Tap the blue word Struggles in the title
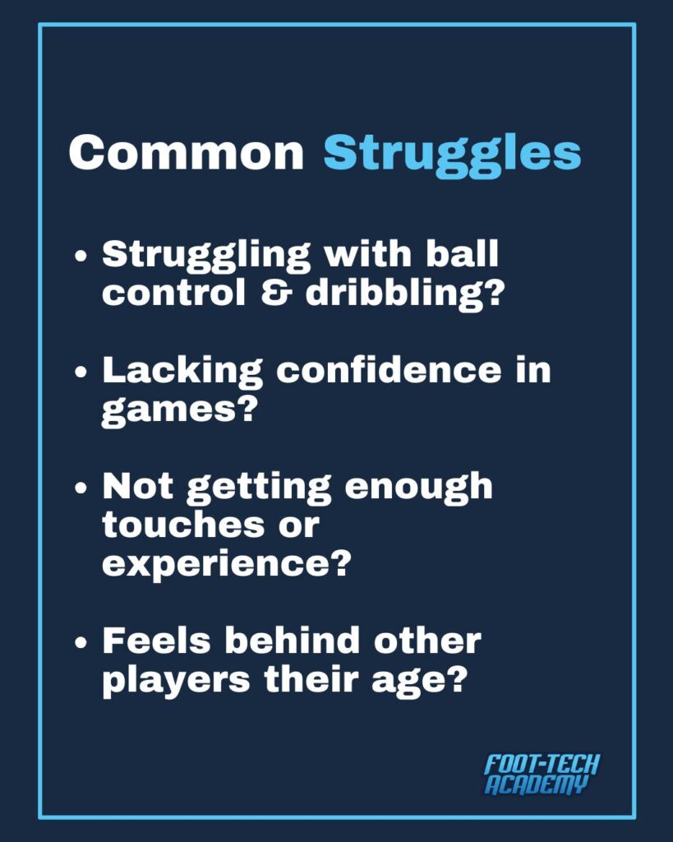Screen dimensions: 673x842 (453, 155)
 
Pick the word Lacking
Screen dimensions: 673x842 (182, 372)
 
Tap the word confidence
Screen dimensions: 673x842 (390, 369)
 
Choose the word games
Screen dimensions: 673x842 (177, 411)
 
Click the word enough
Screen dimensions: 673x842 (418, 488)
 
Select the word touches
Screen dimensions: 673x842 (183, 524)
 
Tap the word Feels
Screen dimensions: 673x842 (157, 641)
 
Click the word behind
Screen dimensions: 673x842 (293, 641)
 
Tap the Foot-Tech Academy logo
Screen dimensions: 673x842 (542, 775)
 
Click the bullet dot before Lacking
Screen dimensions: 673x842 (81, 372)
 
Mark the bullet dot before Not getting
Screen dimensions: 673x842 (81, 488)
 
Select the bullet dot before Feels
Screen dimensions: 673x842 (81, 641)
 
